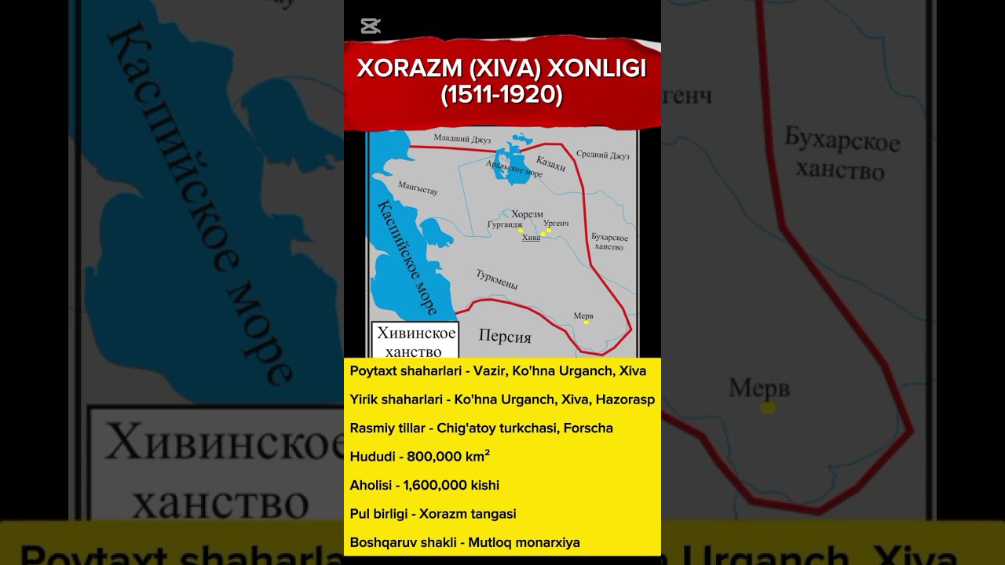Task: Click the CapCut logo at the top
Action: pos(371,26)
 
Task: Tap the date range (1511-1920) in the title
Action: pos(502,95)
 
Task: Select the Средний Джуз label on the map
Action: pos(603,155)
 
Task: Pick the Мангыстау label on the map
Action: pos(418,188)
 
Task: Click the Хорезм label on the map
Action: pos(527,213)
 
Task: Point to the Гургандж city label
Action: pos(505,224)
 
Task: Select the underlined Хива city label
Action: pos(531,238)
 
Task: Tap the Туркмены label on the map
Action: pos(496,279)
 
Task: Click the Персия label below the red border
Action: pos(505,337)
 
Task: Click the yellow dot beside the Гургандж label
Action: pos(521,231)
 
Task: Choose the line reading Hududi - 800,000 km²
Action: pos(420,457)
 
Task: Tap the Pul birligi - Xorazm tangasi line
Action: pos(433,513)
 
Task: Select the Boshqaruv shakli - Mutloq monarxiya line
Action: pos(465,541)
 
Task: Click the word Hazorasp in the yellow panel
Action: pos(625,399)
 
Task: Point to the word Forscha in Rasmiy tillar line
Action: pos(588,428)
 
